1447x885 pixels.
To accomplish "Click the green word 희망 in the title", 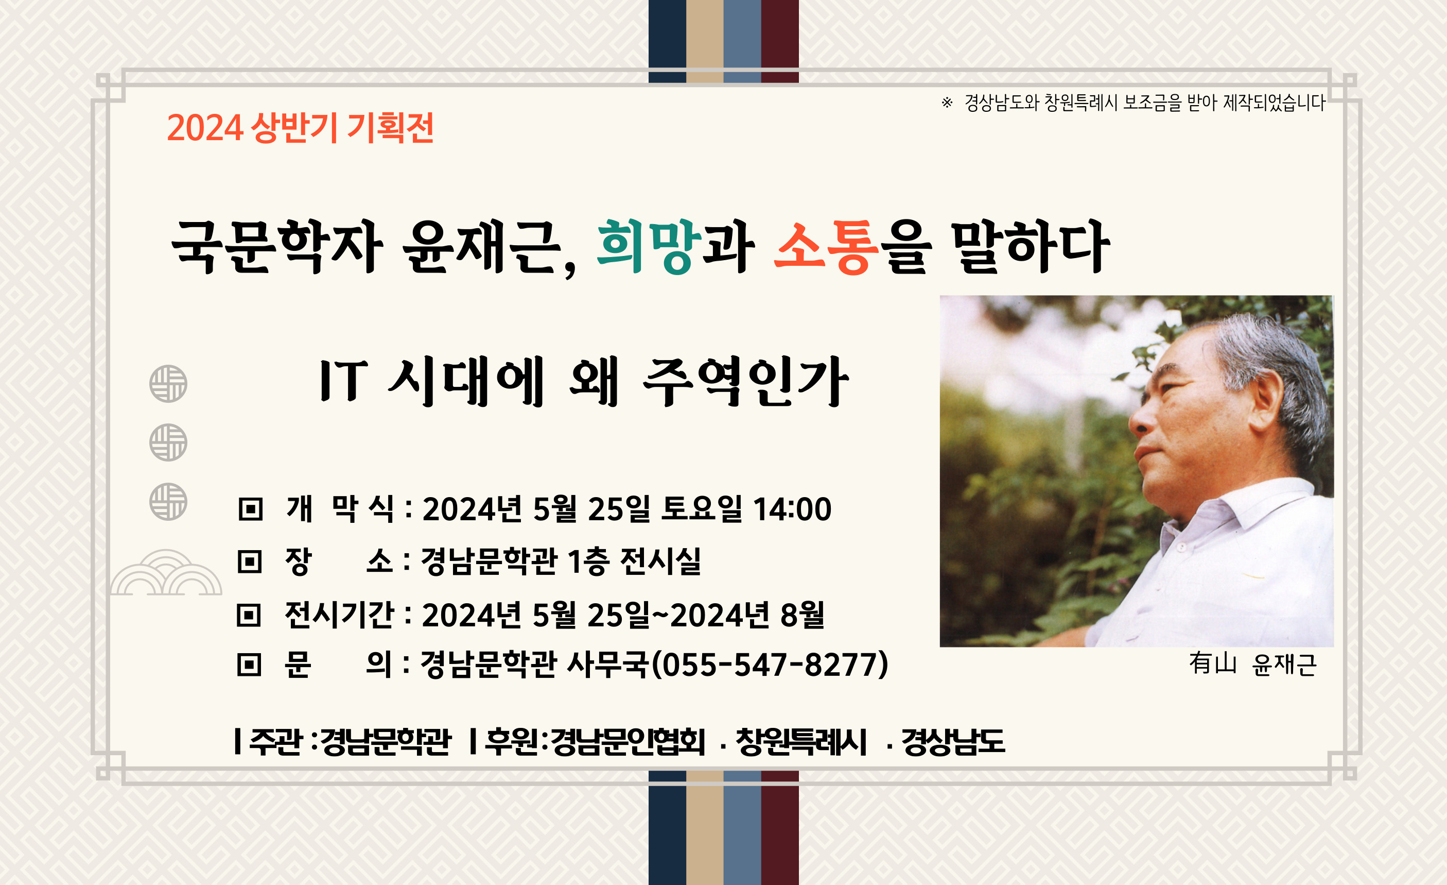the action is tap(648, 247).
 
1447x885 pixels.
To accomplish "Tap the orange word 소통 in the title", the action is tap(826, 247).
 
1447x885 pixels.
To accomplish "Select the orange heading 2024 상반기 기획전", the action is tap(300, 128).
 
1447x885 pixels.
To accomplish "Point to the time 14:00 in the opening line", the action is tap(792, 509).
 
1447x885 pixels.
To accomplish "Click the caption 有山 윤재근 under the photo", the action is tap(1252, 665).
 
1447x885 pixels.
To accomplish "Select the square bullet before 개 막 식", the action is tap(251, 509).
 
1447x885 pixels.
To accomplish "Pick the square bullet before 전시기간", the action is tap(249, 615).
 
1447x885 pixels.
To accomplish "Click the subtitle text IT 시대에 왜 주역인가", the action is tap(584, 382).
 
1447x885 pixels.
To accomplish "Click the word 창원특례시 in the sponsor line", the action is tap(801, 742).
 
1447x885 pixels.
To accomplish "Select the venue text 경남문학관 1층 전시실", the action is tap(561, 561).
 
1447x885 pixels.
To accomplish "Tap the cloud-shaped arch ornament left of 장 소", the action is tap(166, 573).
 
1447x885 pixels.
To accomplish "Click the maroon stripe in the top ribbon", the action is tap(780, 41).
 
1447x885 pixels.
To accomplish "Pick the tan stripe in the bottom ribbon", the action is tap(705, 828).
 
